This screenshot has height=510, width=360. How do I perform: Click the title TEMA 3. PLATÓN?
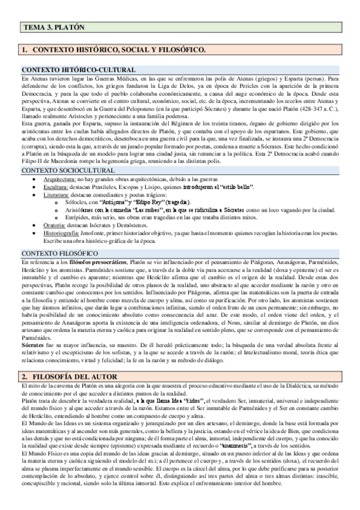point(53,28)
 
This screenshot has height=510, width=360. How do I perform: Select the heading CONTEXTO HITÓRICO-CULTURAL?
point(78,70)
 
